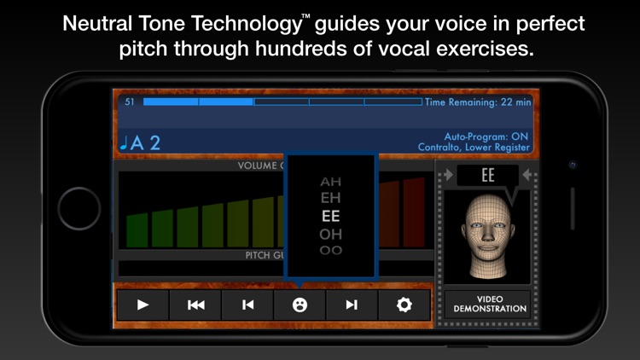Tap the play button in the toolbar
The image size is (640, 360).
(143, 305)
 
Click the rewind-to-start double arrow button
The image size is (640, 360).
(195, 305)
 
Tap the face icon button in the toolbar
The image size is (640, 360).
(300, 305)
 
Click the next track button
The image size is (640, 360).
(352, 305)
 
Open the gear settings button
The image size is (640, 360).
(404, 305)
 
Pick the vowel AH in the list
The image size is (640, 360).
(330, 182)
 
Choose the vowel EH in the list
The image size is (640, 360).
(330, 199)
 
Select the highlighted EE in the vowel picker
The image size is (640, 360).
(330, 216)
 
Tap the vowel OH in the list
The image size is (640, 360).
(330, 233)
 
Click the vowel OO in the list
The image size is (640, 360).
(330, 250)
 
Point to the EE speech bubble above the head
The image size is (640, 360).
(488, 175)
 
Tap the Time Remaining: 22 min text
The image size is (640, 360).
(478, 102)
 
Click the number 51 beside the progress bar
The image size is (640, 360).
(130, 102)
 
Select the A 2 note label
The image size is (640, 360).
(142, 142)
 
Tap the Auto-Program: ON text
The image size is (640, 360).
(487, 136)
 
